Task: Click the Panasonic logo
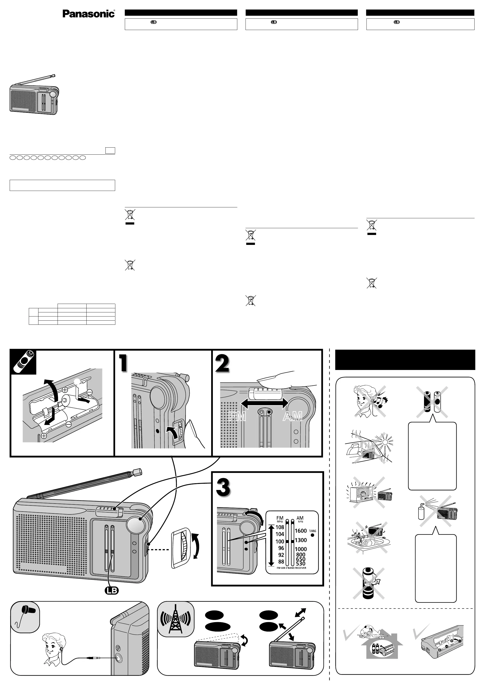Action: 88,14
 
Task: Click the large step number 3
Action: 223,487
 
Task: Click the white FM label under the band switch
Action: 237,416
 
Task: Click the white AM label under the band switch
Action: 293,416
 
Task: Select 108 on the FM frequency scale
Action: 280,527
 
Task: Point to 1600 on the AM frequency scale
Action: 301,531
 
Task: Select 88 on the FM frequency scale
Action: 281,561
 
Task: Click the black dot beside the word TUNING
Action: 312,535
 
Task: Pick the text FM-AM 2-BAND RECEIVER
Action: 291,568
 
